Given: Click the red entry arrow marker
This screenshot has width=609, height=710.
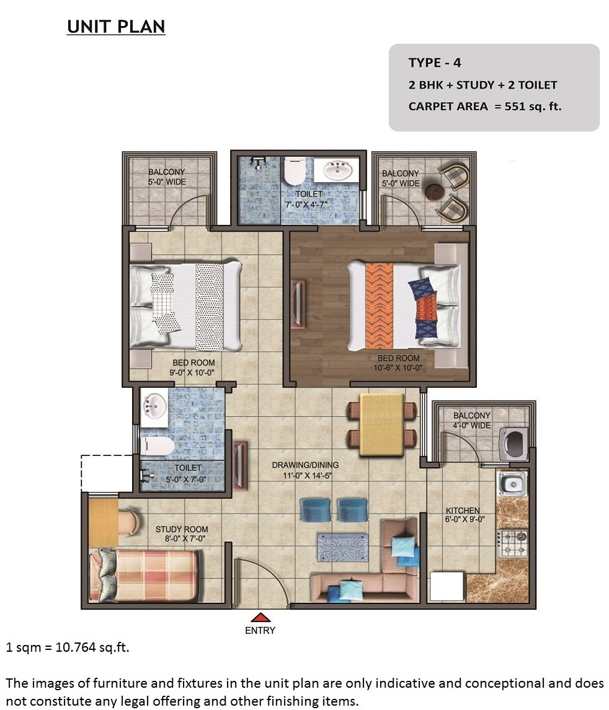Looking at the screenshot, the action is click(x=260, y=617).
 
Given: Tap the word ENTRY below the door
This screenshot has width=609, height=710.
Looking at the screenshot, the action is click(x=260, y=630).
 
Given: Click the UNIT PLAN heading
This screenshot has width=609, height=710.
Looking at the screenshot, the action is click(x=116, y=27).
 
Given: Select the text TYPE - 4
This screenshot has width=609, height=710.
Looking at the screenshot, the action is click(x=435, y=63).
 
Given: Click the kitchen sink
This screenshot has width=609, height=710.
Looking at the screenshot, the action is click(x=512, y=484).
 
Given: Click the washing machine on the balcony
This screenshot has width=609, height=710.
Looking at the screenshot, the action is click(x=514, y=444).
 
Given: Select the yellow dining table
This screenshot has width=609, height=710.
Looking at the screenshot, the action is click(x=381, y=425).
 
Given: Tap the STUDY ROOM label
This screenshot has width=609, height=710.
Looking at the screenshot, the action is click(x=182, y=529).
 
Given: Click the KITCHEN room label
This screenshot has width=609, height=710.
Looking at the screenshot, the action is click(x=463, y=511).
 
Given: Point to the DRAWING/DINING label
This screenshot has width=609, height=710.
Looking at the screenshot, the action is click(x=305, y=465).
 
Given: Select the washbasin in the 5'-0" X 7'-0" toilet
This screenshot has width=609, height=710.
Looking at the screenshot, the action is click(x=154, y=406).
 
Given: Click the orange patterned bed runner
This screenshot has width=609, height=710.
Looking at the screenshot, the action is click(x=379, y=306).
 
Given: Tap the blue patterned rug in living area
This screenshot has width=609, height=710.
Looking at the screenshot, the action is click(x=342, y=547).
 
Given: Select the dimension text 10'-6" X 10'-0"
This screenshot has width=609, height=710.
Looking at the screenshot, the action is click(x=398, y=368).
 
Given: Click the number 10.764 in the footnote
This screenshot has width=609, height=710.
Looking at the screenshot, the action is click(x=76, y=647).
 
